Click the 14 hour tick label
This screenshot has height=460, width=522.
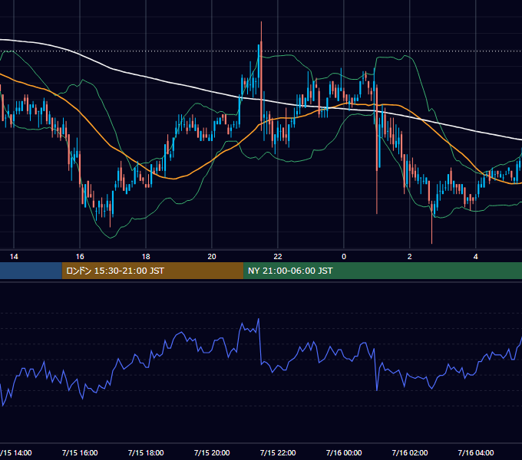(14, 257)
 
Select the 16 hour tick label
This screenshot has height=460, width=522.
(80, 257)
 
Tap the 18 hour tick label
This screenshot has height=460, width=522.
(146, 257)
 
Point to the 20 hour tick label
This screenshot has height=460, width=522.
(212, 257)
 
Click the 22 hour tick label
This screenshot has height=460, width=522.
(278, 257)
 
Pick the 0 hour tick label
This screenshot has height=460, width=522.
(344, 257)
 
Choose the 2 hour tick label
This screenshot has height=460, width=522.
(409, 257)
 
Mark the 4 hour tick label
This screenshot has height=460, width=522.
(476, 257)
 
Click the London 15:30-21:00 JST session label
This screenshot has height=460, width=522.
(115, 271)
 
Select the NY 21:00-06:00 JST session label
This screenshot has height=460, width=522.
(290, 271)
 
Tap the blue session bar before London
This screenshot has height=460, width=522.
(31, 271)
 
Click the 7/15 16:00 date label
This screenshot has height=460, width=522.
(80, 452)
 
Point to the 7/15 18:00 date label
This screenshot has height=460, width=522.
(146, 452)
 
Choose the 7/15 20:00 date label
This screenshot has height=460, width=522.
(212, 452)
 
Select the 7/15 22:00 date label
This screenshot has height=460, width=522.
(278, 452)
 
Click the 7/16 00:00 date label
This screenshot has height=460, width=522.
(344, 452)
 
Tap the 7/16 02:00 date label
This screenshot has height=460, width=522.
(410, 452)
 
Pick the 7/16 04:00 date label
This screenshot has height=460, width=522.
(476, 452)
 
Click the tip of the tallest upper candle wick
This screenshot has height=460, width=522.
(261, 21)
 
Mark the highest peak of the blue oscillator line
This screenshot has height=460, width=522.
(259, 319)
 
